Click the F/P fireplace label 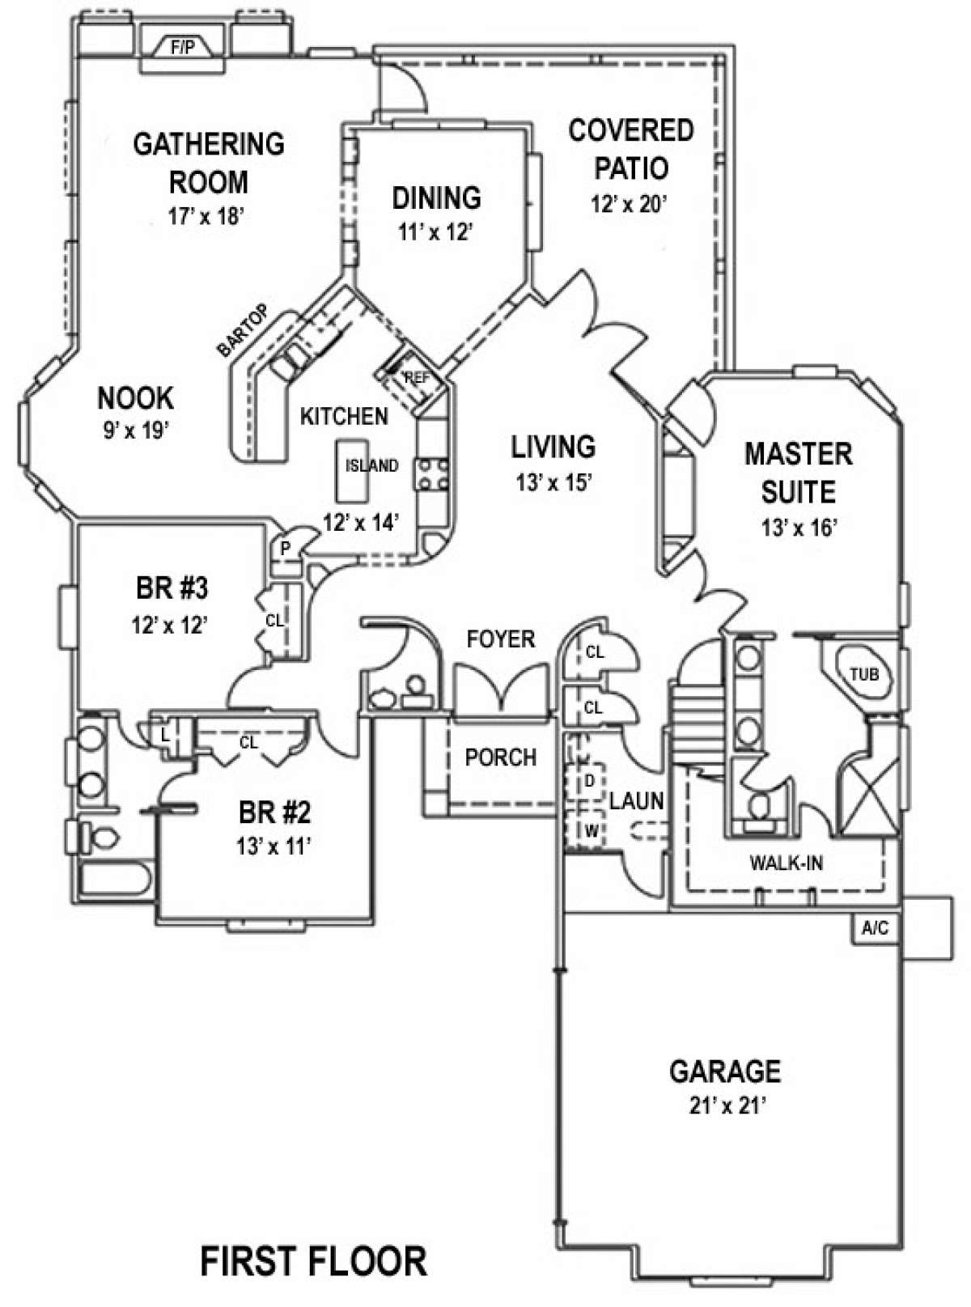point(183,48)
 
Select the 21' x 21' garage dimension point(727,1106)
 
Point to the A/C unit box point(874,928)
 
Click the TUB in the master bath point(864,673)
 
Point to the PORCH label point(501,757)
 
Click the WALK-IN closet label point(786,863)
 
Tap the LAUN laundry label point(637,801)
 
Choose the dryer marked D point(590,781)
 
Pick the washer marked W point(592,831)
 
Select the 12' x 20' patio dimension point(629,204)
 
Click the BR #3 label point(172,588)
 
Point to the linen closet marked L point(165,736)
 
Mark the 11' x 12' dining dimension point(435,233)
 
